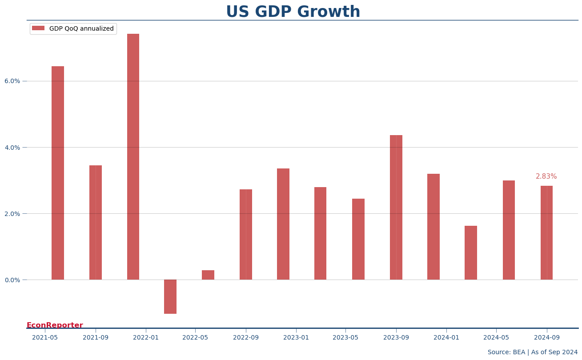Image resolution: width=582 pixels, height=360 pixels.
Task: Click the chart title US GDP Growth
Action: (x=293, y=12)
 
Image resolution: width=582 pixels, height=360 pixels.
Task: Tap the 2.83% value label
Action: (x=546, y=176)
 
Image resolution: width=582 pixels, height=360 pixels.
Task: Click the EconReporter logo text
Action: (x=55, y=325)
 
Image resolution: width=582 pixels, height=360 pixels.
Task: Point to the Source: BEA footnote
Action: (x=533, y=352)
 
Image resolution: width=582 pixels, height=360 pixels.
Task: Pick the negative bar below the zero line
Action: (x=170, y=296)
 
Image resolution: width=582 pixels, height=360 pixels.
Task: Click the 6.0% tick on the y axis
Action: (x=12, y=81)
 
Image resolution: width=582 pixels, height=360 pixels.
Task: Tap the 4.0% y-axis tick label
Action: (x=12, y=148)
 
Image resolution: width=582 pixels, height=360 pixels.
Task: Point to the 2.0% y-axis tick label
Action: (x=12, y=214)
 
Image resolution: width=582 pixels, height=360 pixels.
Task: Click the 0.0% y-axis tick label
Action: (x=12, y=280)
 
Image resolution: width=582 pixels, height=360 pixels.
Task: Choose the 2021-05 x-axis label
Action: (x=45, y=337)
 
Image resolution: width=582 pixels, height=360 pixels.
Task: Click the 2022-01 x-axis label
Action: (x=146, y=337)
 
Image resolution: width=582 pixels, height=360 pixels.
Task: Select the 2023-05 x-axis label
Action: (x=345, y=337)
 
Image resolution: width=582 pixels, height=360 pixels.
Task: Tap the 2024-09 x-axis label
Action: (x=546, y=337)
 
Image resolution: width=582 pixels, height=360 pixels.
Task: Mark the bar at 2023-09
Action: (x=396, y=207)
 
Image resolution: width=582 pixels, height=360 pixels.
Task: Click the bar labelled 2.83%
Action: (x=546, y=232)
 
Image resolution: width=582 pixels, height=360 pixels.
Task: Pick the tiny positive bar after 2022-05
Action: (x=208, y=275)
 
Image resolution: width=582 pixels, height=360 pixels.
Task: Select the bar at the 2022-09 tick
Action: (x=246, y=234)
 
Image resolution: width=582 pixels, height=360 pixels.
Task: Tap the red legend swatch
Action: (x=38, y=28)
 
